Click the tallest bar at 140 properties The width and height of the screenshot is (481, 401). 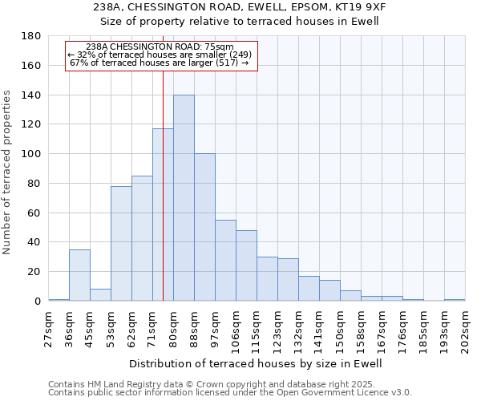(x=184, y=198)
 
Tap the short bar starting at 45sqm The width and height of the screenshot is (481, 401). (x=100, y=294)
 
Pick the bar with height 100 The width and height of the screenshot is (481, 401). (x=204, y=227)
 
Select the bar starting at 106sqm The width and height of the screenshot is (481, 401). (x=246, y=265)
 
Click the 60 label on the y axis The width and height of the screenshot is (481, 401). (x=34, y=213)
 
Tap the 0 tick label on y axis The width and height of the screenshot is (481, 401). (x=38, y=301)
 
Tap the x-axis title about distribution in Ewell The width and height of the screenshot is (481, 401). (x=256, y=363)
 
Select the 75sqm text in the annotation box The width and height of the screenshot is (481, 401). (x=219, y=47)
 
